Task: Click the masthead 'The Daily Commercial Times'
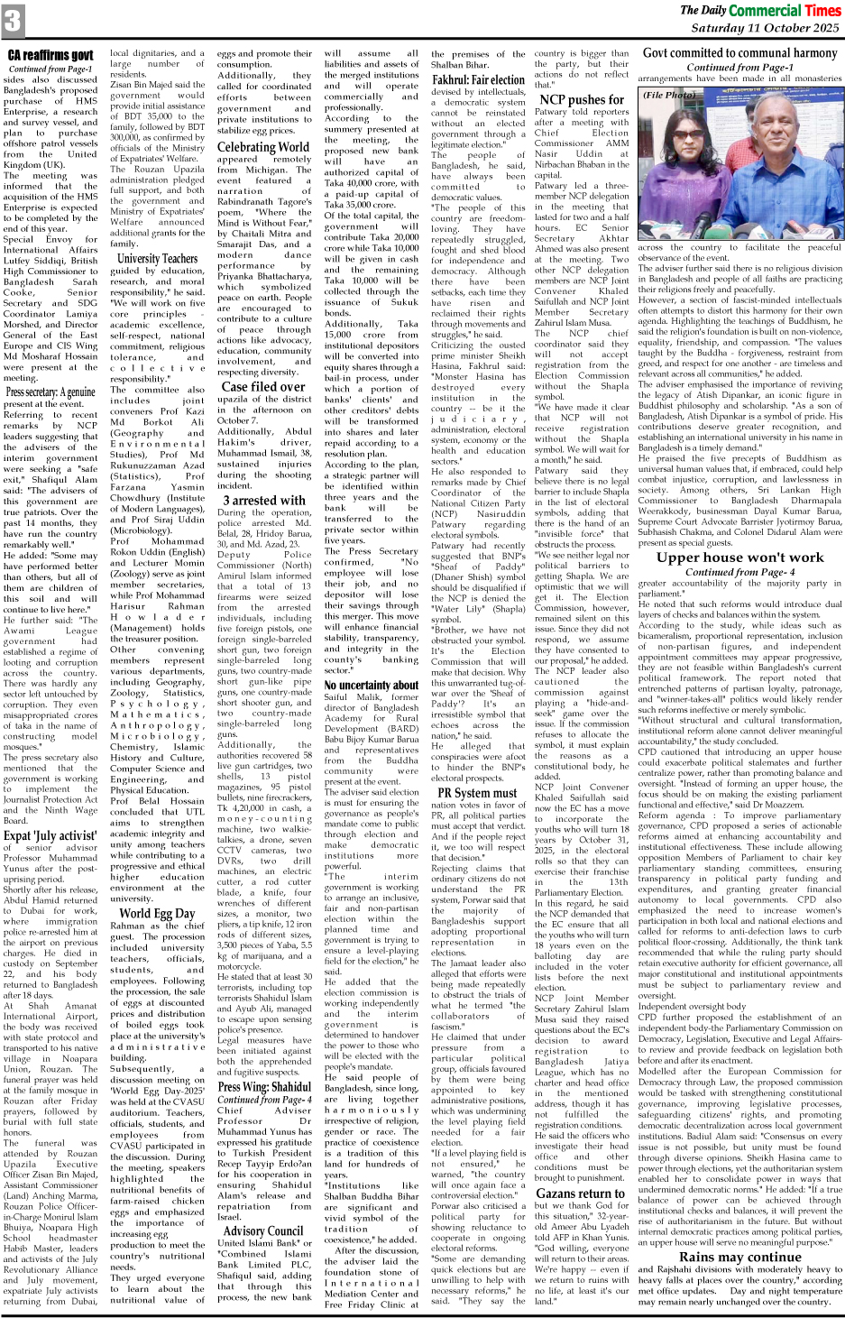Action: tap(760, 10)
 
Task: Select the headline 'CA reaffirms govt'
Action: tap(51, 56)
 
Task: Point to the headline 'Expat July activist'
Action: tap(50, 835)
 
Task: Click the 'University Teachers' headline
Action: tap(157, 259)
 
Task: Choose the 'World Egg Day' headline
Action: tap(157, 913)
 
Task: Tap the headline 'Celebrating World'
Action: tap(263, 147)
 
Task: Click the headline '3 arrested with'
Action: tap(264, 500)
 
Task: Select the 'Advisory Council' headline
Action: tap(263, 1230)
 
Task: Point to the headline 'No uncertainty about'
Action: tap(371, 685)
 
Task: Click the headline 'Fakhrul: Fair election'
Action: tap(478, 80)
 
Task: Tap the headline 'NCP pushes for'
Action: tap(582, 100)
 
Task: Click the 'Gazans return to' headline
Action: tap(582, 1193)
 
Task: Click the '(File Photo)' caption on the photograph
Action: tap(669, 95)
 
